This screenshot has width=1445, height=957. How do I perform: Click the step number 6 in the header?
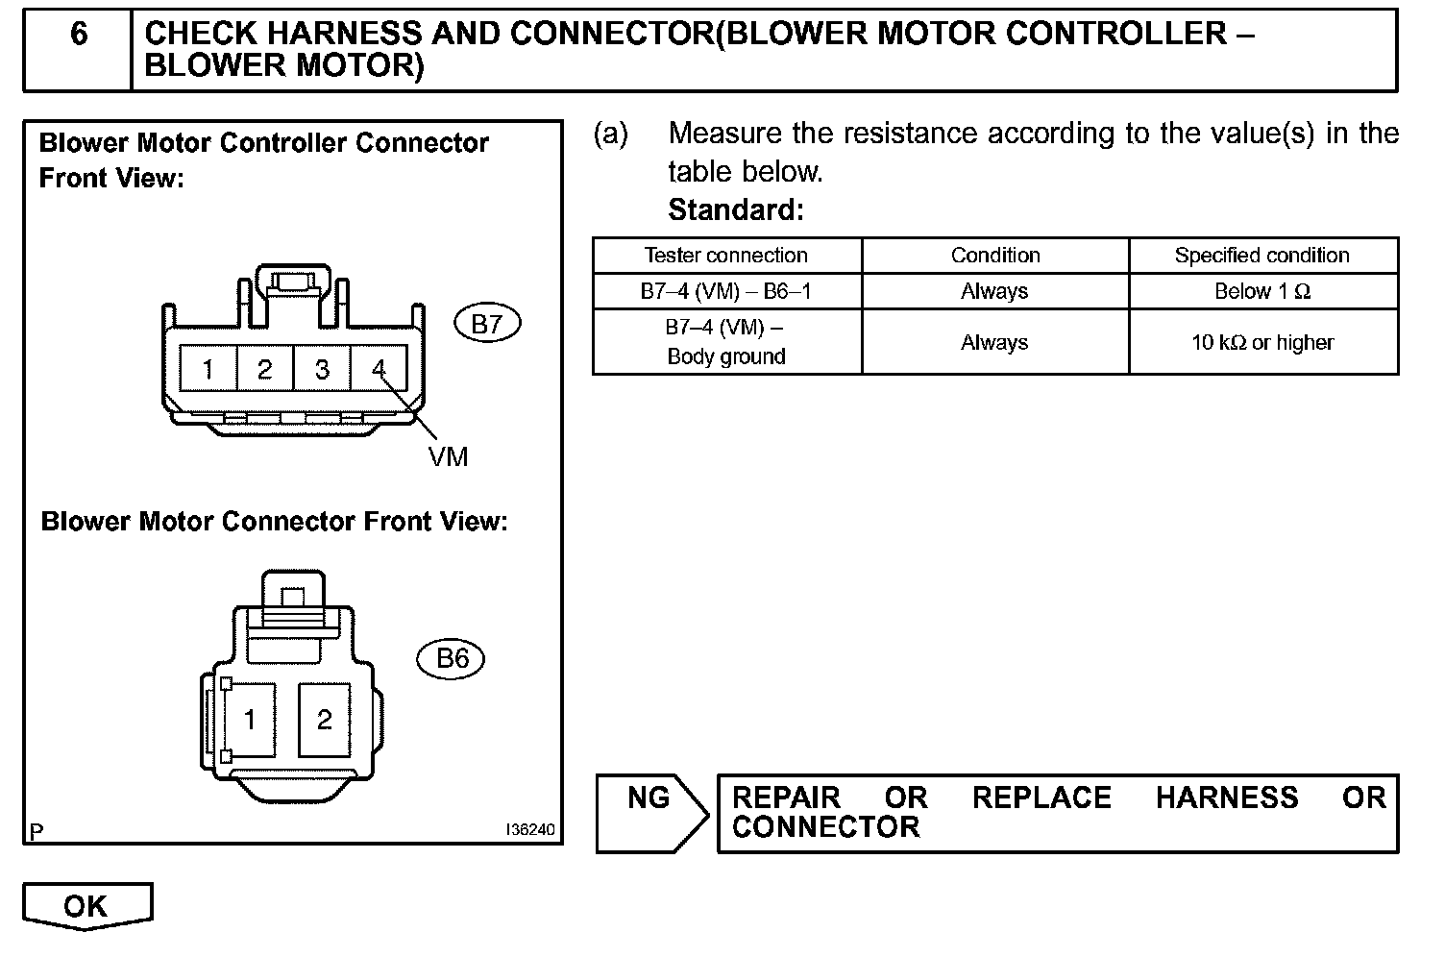(x=78, y=36)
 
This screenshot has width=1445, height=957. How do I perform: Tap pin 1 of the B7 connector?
(x=208, y=369)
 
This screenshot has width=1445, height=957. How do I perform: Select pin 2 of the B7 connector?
(x=265, y=369)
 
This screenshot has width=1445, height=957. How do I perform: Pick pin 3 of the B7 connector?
(x=323, y=369)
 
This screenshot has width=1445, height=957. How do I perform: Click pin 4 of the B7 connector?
(x=379, y=369)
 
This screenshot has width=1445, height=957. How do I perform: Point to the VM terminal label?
(x=448, y=457)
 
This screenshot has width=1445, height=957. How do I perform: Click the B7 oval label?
(x=487, y=324)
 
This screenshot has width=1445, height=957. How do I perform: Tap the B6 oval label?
(x=452, y=658)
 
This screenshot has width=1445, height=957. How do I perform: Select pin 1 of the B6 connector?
(x=250, y=720)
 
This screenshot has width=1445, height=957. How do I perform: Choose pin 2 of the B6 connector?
(x=325, y=720)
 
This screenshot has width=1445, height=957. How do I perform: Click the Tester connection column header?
(x=726, y=256)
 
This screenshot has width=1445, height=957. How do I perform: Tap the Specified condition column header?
(x=1261, y=256)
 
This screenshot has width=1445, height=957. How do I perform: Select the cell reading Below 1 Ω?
(x=1261, y=291)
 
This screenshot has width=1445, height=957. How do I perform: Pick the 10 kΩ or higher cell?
(x=1261, y=342)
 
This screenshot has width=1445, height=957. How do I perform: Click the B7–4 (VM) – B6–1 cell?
(x=726, y=291)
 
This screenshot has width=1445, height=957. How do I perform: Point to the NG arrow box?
(x=650, y=812)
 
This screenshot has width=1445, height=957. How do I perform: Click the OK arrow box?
(x=86, y=906)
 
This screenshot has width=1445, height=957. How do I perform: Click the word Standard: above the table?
(x=736, y=209)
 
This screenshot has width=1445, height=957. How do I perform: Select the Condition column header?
(x=995, y=256)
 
